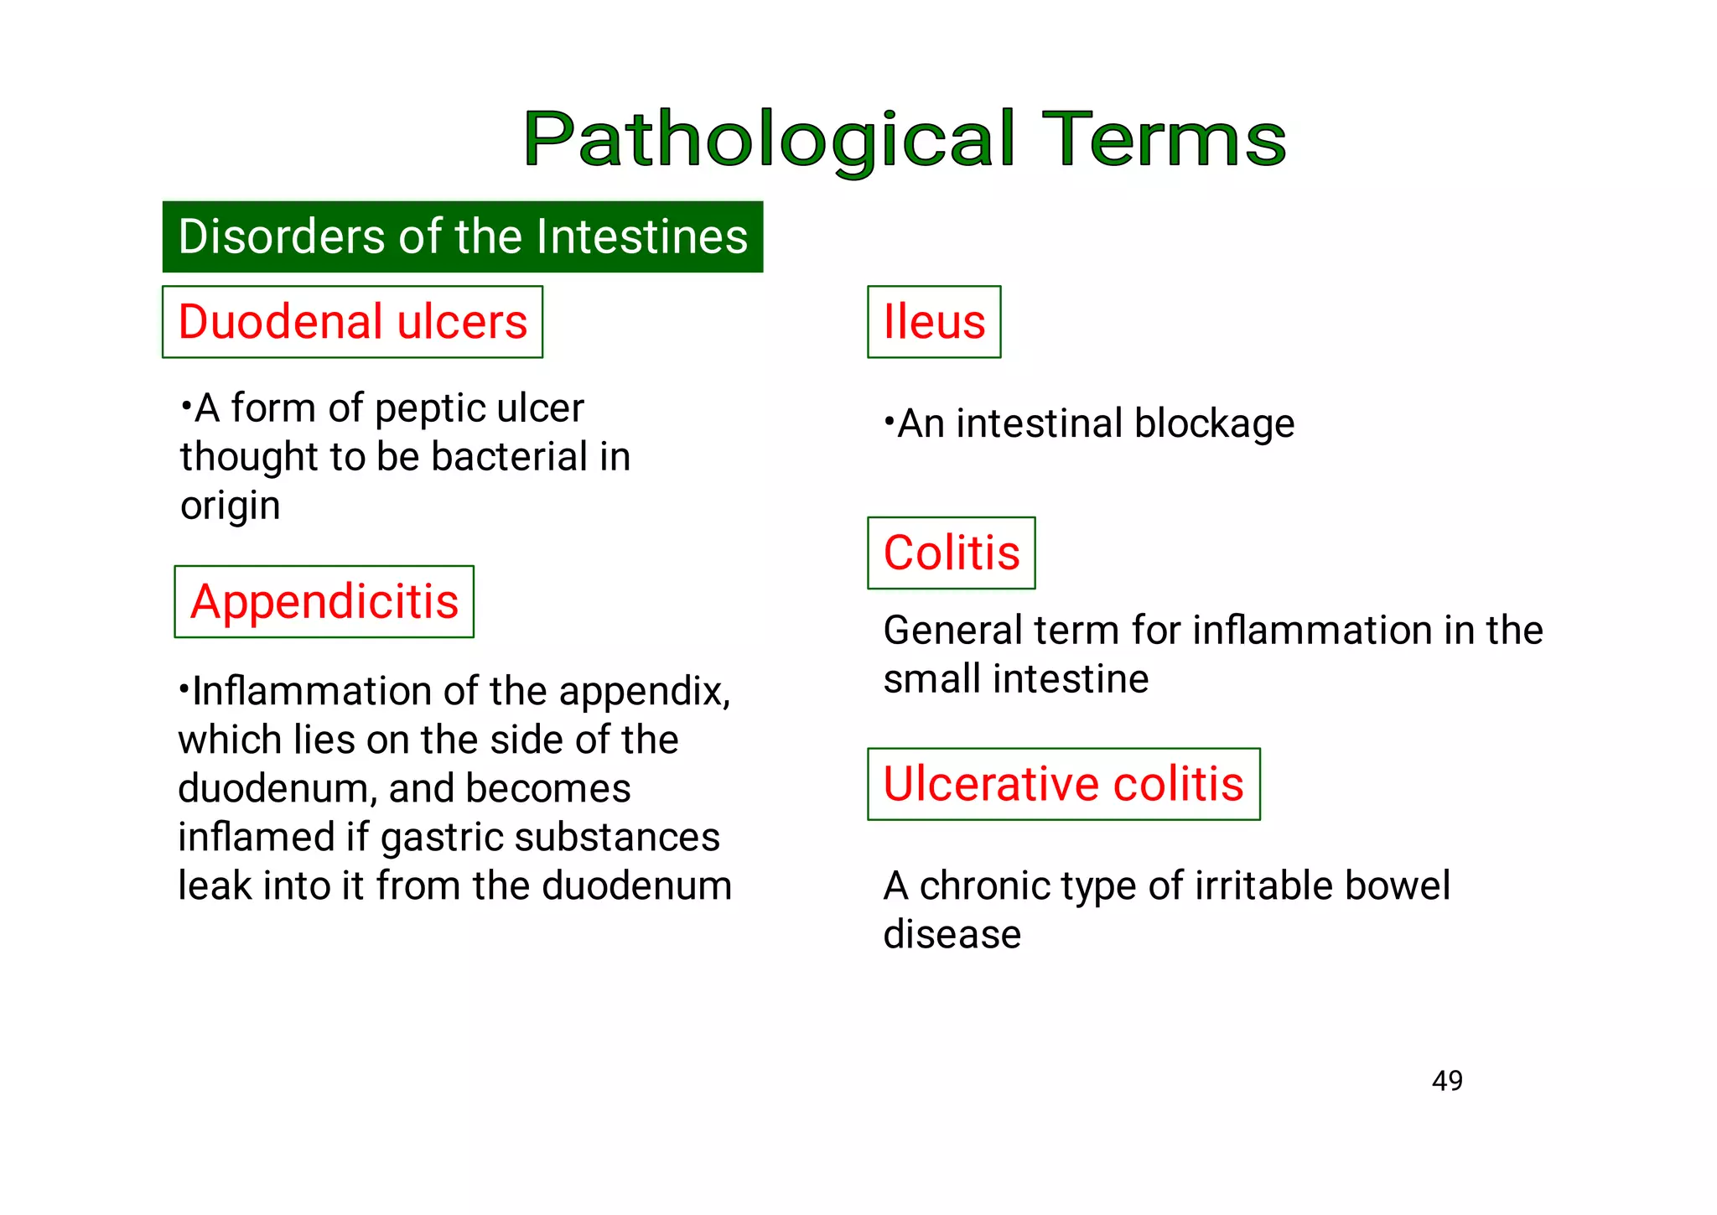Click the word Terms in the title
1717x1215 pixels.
click(x=1168, y=139)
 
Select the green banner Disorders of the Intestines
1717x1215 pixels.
click(x=462, y=236)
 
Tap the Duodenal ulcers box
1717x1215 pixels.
click(x=352, y=322)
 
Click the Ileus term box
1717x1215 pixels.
click(x=934, y=322)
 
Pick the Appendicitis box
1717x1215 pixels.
click(x=324, y=602)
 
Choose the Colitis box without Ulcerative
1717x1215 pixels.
click(x=951, y=553)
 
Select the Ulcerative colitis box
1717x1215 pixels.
click(x=1063, y=784)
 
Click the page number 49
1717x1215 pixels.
click(x=1447, y=1081)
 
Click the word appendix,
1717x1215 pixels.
click(x=644, y=693)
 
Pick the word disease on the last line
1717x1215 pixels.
click(x=952, y=934)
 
